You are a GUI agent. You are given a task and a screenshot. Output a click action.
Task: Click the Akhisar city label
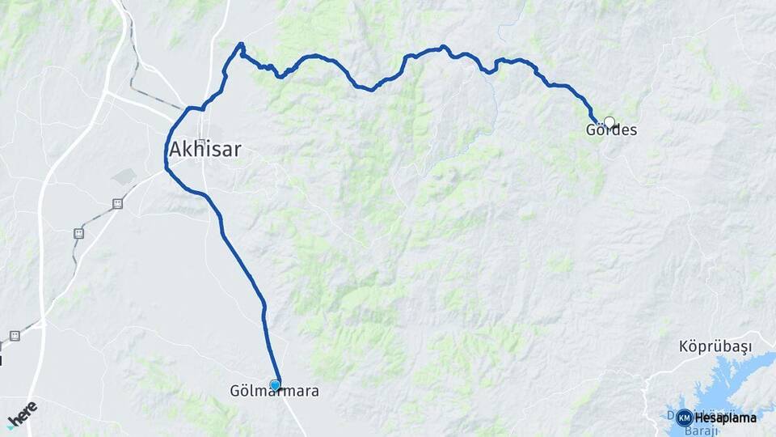pyautogui.click(x=205, y=149)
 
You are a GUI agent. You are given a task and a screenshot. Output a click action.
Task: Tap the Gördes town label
pyautogui.click(x=611, y=129)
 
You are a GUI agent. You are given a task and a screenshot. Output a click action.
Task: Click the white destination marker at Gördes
pyautogui.click(x=609, y=122)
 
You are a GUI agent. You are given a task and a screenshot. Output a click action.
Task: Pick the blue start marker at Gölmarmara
pyautogui.click(x=276, y=385)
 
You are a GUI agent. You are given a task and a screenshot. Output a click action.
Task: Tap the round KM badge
pyautogui.click(x=684, y=418)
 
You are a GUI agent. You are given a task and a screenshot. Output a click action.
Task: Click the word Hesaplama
pyautogui.click(x=725, y=418)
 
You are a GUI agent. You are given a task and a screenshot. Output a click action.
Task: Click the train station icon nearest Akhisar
pyautogui.click(x=117, y=204)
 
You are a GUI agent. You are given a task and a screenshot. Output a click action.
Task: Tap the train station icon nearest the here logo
pyautogui.click(x=15, y=335)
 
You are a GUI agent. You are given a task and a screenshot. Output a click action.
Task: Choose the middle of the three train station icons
pyautogui.click(x=78, y=233)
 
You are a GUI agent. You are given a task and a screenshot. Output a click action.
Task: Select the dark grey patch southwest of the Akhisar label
pyautogui.click(x=125, y=176)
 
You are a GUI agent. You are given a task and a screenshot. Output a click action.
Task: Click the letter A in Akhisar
pyautogui.click(x=175, y=149)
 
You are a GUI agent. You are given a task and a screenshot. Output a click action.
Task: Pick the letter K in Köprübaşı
pyautogui.click(x=683, y=347)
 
